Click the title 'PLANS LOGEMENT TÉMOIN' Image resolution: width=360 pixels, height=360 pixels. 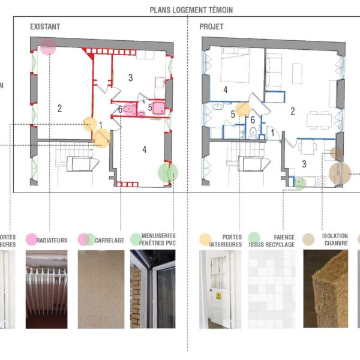click(191, 10)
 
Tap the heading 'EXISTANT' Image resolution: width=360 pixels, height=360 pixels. click(45, 27)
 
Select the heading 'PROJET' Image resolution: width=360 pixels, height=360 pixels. click(211, 27)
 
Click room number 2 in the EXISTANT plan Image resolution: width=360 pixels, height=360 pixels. click(60, 109)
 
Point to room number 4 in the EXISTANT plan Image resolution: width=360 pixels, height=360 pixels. click(145, 149)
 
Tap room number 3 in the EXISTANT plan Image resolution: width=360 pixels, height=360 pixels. click(130, 77)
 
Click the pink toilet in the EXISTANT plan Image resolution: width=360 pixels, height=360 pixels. click(131, 109)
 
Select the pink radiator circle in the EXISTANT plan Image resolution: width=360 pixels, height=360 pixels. click(49, 47)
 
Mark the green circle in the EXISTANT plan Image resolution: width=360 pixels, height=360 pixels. click(167, 173)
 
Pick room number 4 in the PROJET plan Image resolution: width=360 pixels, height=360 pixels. click(225, 90)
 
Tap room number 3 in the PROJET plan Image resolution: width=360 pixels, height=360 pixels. click(304, 163)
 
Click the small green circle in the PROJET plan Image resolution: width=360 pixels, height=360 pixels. click(301, 183)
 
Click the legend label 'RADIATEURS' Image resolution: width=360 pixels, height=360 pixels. click(52, 241)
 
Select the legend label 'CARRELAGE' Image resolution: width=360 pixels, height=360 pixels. click(109, 241)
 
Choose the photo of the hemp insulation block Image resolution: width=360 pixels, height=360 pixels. click(326, 289)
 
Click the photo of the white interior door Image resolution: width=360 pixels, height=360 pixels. click(220, 289)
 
